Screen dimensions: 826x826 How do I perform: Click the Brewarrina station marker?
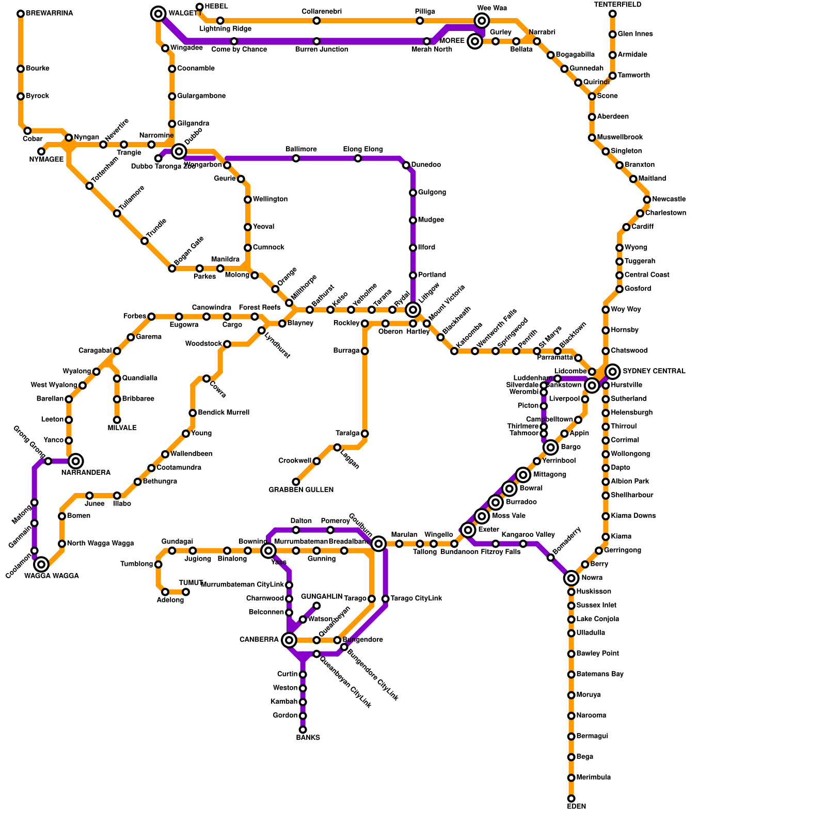tap(21, 14)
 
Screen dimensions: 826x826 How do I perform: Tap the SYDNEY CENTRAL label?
tap(654, 372)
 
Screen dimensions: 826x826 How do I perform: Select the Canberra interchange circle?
tap(289, 641)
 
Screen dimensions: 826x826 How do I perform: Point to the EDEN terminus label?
tap(576, 806)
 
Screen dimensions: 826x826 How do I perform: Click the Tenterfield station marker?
tap(612, 14)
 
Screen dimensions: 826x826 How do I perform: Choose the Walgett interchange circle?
tap(158, 14)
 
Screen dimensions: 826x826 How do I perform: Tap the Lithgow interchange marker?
tap(413, 310)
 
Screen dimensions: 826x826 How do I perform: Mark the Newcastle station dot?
tap(647, 200)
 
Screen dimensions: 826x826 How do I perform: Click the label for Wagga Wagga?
tap(52, 576)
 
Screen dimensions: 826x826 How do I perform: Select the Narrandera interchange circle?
tap(76, 461)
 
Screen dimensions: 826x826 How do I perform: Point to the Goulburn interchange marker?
tap(378, 543)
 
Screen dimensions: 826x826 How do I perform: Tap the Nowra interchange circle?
tap(571, 578)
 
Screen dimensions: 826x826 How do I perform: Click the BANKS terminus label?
tap(308, 738)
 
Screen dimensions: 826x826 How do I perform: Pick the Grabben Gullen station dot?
tap(296, 482)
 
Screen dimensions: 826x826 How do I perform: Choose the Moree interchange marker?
tap(475, 41)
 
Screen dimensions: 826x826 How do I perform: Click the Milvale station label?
tap(122, 428)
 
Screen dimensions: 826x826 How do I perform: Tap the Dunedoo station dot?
tap(406, 165)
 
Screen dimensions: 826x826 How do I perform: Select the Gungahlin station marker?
tap(316, 606)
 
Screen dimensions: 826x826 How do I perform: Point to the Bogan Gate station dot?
tap(172, 268)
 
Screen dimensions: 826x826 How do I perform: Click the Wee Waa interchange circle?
tap(482, 21)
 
